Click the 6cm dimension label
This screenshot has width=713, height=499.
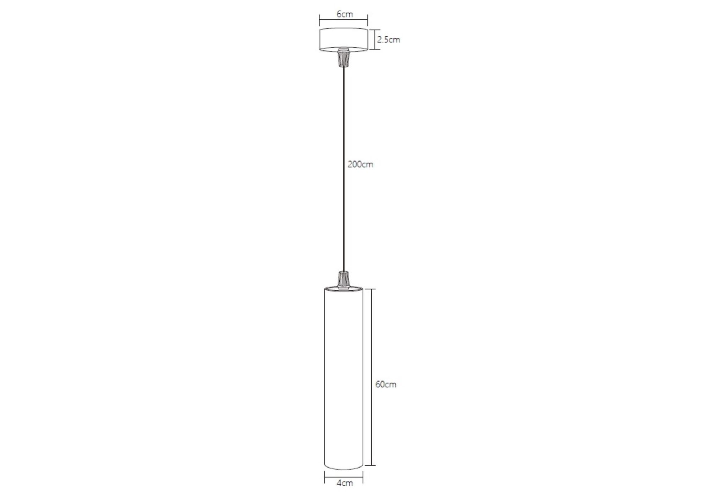tap(345, 14)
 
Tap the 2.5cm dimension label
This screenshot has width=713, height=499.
tap(388, 40)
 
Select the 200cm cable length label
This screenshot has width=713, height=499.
tap(360, 164)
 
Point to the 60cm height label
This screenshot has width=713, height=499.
tap(386, 384)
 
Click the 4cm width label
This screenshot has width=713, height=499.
tap(345, 483)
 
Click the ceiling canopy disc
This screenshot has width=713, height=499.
tap(343, 40)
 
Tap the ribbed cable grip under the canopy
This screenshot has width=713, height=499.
tap(343, 58)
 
